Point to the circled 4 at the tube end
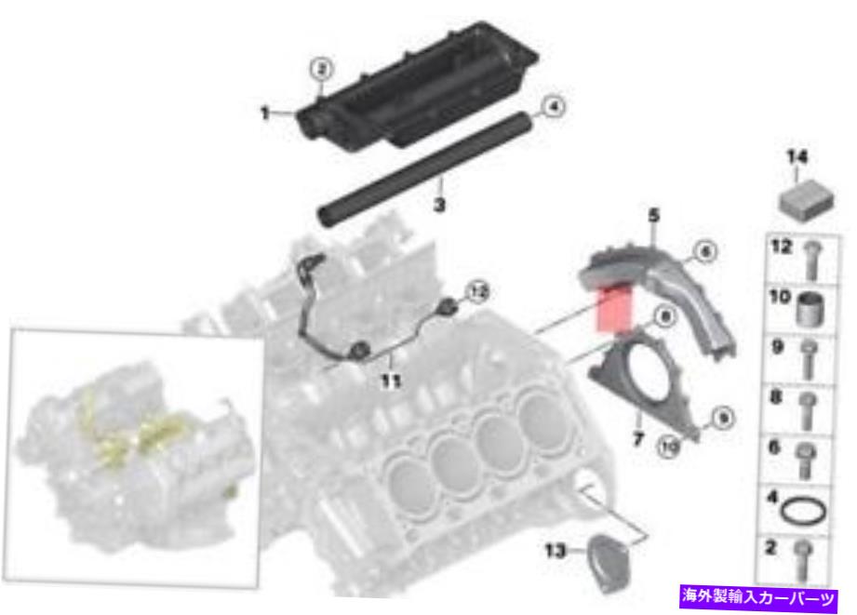(x=554, y=108)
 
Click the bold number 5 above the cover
(x=654, y=216)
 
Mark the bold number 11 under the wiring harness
(x=392, y=381)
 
